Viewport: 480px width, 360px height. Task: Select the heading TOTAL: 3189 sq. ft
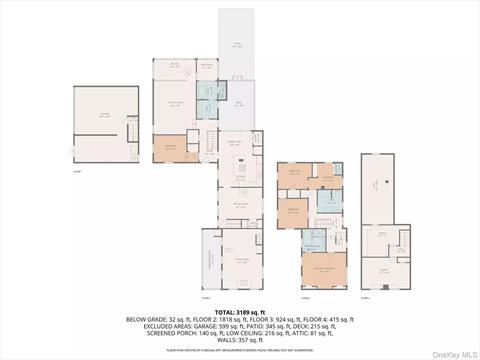[x=240, y=311]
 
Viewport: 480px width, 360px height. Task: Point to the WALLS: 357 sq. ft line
[x=240, y=339]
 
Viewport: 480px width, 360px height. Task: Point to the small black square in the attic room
[x=373, y=184]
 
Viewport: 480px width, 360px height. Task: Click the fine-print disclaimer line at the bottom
[x=240, y=350]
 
